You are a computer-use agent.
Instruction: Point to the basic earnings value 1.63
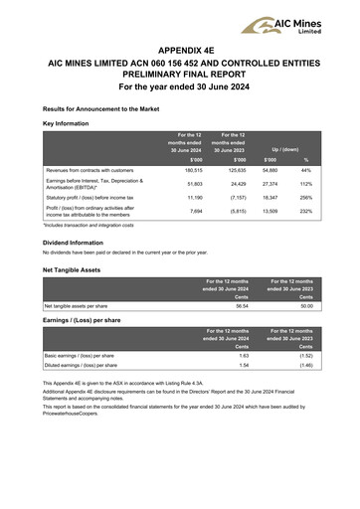coord(243,355)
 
